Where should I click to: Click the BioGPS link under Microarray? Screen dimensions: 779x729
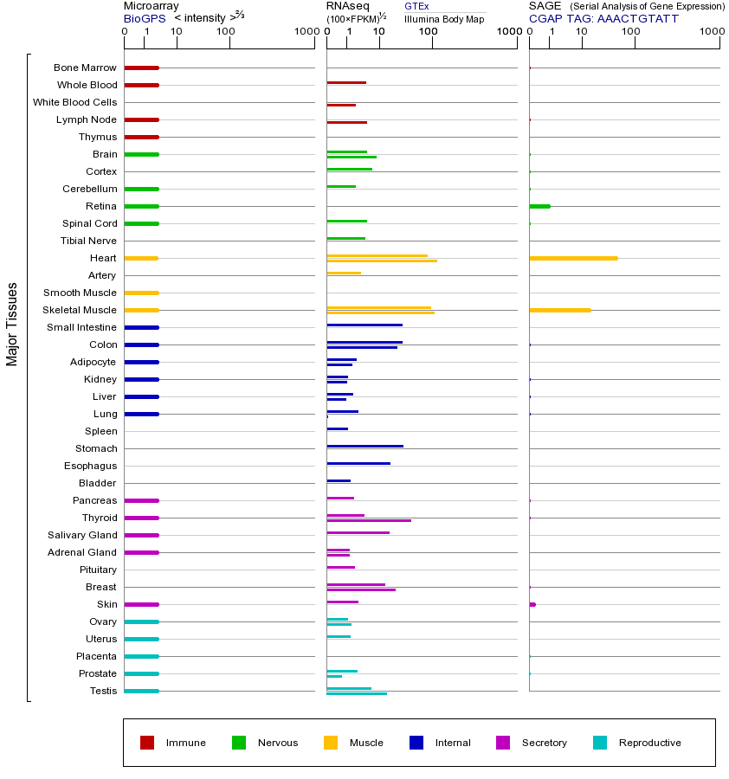pyautogui.click(x=144, y=18)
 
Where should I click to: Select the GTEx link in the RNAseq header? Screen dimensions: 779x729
pyautogui.click(x=416, y=7)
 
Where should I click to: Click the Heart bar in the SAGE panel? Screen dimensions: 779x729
pyautogui.click(x=573, y=258)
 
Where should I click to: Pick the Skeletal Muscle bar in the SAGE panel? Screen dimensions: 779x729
pyautogui.click(x=559, y=310)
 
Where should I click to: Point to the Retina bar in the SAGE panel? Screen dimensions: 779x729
pyautogui.click(x=539, y=206)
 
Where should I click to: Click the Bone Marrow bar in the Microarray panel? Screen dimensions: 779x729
pyautogui.click(x=141, y=68)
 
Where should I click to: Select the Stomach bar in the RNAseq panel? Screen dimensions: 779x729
pyautogui.click(x=364, y=446)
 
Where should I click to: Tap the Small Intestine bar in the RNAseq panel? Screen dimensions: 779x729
pyautogui.click(x=364, y=325)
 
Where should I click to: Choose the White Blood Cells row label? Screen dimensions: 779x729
pyautogui.click(x=74, y=102)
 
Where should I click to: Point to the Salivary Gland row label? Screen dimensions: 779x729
pyautogui.click(x=83, y=535)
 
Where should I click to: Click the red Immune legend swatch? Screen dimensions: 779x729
pyautogui.click(x=147, y=743)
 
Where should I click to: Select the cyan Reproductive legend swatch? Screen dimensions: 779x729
pyautogui.click(x=600, y=743)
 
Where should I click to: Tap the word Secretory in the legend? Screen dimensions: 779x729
pyautogui.click(x=544, y=743)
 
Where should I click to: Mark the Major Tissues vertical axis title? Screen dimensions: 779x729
pyautogui.click(x=12, y=324)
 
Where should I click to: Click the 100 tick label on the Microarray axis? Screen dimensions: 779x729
pyautogui.click(x=225, y=32)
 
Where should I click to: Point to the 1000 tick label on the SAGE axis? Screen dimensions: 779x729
pyautogui.click(x=711, y=32)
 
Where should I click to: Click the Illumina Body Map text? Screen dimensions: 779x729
pyautogui.click(x=444, y=19)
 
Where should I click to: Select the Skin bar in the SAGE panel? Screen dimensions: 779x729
pyautogui.click(x=532, y=604)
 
